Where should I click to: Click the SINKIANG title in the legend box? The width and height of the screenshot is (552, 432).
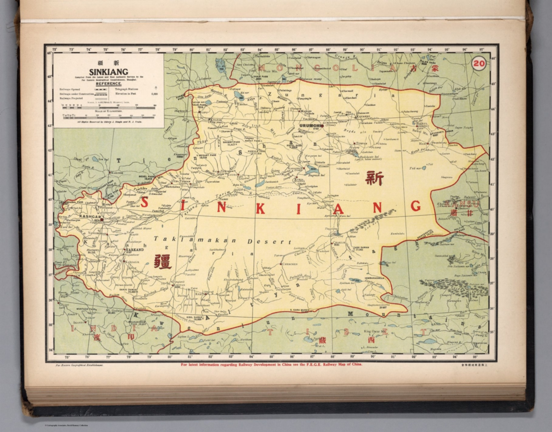tap(109, 72)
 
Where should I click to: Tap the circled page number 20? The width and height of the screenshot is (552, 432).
tap(479, 64)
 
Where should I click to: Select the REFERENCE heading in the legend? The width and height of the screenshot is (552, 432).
tap(108, 84)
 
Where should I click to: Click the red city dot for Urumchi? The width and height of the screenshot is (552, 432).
tap(323, 126)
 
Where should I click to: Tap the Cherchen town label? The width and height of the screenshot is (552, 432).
tap(290, 264)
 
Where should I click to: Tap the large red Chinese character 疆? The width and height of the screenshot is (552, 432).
tap(162, 262)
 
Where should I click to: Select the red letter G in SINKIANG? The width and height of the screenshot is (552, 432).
tap(415, 206)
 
